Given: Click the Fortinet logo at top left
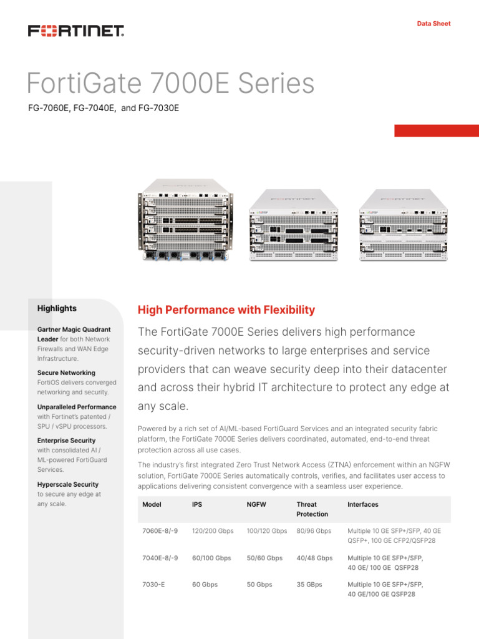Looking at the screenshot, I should pos(75,31).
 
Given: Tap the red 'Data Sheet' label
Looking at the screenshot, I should pos(433,24).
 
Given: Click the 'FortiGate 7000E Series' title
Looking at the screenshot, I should pos(170,84).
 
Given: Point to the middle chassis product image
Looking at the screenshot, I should pos(293,225).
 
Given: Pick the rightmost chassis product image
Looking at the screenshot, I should pos(404,225).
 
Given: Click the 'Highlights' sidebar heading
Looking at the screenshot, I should pos(57,308).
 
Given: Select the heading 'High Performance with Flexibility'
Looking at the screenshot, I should pos(226,310).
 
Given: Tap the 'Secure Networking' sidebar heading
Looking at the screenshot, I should pos(66,373).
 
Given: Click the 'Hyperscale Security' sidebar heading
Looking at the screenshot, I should pos(67,484).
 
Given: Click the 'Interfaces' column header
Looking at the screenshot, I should pos(363,504).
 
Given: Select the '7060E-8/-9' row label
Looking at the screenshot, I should pos(160,531).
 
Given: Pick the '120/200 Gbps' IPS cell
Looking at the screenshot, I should pos(213,531).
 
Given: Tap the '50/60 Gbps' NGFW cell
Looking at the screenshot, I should pos(264,558).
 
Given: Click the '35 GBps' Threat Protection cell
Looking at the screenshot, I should pos(309,585).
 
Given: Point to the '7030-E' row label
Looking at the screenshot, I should pos(153,585).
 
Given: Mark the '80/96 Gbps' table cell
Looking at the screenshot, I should pos(314,531).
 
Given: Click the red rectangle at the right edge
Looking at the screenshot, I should pos(437,130).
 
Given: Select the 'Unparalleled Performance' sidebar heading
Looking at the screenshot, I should pos(77,407).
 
